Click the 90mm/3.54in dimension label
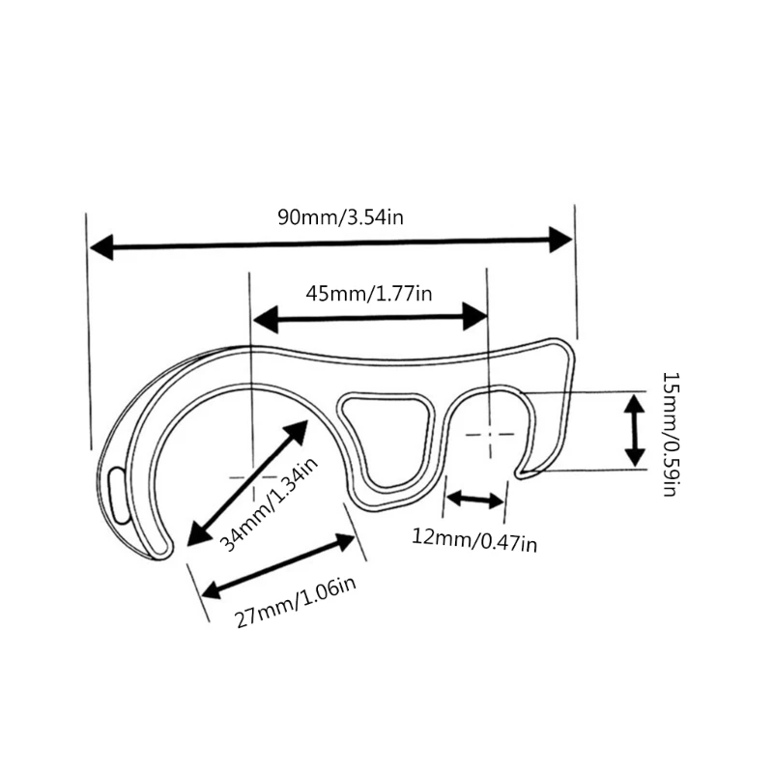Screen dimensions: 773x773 (x=341, y=216)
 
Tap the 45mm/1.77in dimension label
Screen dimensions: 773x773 (x=369, y=294)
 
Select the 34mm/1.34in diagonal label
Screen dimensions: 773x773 (x=269, y=503)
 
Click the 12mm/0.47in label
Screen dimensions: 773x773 (x=474, y=540)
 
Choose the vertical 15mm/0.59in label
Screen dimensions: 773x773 (x=671, y=434)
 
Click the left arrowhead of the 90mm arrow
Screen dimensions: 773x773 (x=101, y=247)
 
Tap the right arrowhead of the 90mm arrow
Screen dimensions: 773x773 (x=561, y=240)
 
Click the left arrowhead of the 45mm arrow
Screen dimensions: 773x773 (x=266, y=320)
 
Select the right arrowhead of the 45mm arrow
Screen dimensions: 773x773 (x=475, y=317)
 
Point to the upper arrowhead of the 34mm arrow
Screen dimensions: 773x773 (x=295, y=433)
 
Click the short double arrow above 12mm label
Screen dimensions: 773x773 (x=474, y=499)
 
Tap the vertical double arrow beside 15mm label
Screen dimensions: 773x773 (x=635, y=430)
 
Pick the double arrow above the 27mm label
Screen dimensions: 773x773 (x=278, y=566)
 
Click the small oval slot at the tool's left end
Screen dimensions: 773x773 (x=118, y=495)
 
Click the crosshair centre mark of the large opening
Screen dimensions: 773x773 (x=252, y=477)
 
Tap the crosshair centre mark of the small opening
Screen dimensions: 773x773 (x=490, y=434)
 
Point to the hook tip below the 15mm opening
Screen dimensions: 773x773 (x=520, y=474)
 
